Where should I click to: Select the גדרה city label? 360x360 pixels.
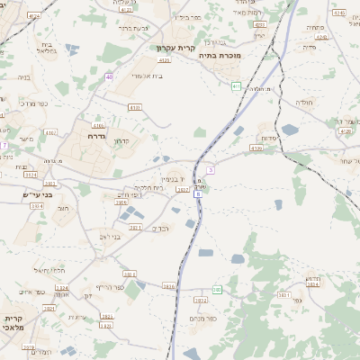point(97,136)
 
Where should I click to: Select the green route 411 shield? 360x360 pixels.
point(236,85)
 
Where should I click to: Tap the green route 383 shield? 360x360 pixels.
point(217,290)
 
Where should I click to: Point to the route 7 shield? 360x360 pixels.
point(4,144)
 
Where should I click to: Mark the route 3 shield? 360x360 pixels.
point(211,168)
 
